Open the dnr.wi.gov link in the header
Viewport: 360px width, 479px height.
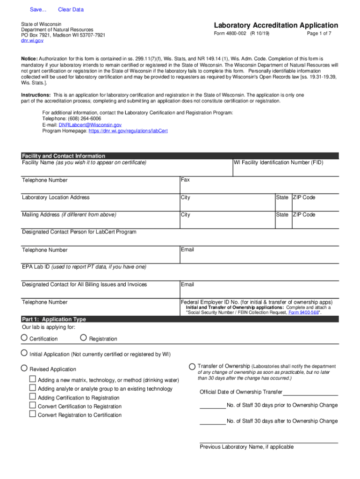(32, 41)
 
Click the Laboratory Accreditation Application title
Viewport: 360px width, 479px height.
(276, 25)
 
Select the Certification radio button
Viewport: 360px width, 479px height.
(24, 338)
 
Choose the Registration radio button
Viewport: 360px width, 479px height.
(84, 338)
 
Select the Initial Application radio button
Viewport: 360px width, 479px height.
(24, 354)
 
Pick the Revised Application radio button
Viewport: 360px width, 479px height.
(24, 368)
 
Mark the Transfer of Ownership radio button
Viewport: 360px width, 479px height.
(192, 366)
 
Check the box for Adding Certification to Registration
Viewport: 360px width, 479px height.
(33, 397)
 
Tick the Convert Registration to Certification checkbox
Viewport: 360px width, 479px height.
(33, 414)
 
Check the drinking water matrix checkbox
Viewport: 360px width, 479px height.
(33, 379)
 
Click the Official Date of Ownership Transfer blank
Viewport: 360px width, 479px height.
(310, 392)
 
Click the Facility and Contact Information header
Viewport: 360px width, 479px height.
(64, 156)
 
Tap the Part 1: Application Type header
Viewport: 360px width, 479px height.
(54, 319)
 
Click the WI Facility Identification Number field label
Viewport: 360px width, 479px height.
(279, 163)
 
